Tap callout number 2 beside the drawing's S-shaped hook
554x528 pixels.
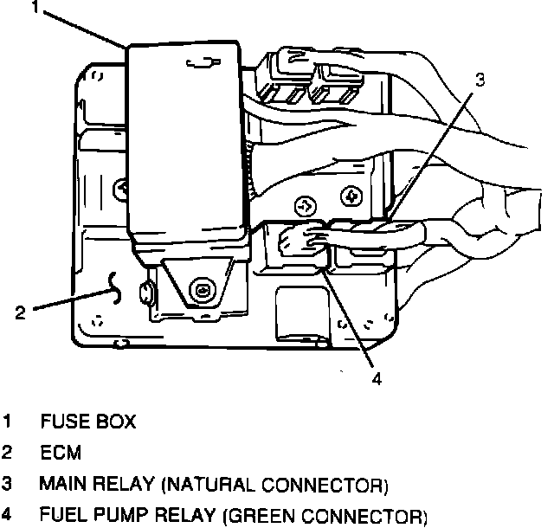(x=19, y=312)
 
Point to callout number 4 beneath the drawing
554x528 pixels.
(x=377, y=378)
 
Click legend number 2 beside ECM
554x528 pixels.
(x=8, y=453)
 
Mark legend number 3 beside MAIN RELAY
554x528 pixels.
(x=8, y=483)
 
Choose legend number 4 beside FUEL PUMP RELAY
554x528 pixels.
(x=8, y=517)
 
